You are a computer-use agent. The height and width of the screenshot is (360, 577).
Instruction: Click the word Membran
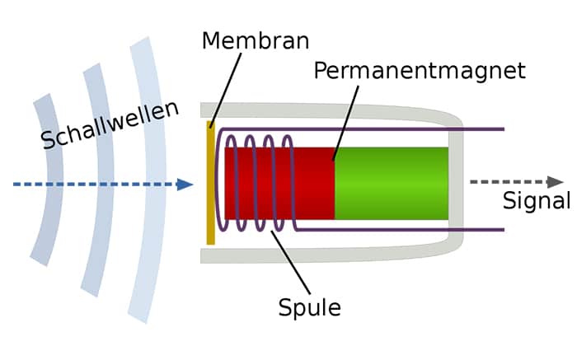pos(256,41)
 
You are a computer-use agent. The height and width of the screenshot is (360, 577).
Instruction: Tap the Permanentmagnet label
pos(420,71)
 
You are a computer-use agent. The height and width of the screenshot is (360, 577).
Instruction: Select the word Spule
pos(309,308)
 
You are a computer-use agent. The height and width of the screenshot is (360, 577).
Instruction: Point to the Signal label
pos(537,201)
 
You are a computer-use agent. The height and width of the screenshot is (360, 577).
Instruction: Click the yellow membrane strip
pos(210,183)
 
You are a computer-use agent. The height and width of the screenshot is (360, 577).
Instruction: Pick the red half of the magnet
pos(279,184)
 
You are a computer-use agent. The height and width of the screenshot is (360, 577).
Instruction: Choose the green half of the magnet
pos(392,184)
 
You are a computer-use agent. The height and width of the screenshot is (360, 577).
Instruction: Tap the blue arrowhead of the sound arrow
pos(185,185)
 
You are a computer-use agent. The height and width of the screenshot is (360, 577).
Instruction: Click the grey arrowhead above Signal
pos(555,182)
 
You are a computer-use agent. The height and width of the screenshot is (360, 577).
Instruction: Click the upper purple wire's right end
pos(504,129)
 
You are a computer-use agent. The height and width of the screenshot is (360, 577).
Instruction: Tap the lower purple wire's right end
pos(504,230)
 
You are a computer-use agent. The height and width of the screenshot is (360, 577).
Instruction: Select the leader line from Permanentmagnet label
pos(345,124)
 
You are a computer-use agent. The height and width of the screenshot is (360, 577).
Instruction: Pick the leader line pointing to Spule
pos(291,262)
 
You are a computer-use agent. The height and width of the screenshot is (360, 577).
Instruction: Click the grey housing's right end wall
pos(456,183)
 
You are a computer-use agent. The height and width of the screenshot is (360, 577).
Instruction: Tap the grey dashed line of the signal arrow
pos(509,182)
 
